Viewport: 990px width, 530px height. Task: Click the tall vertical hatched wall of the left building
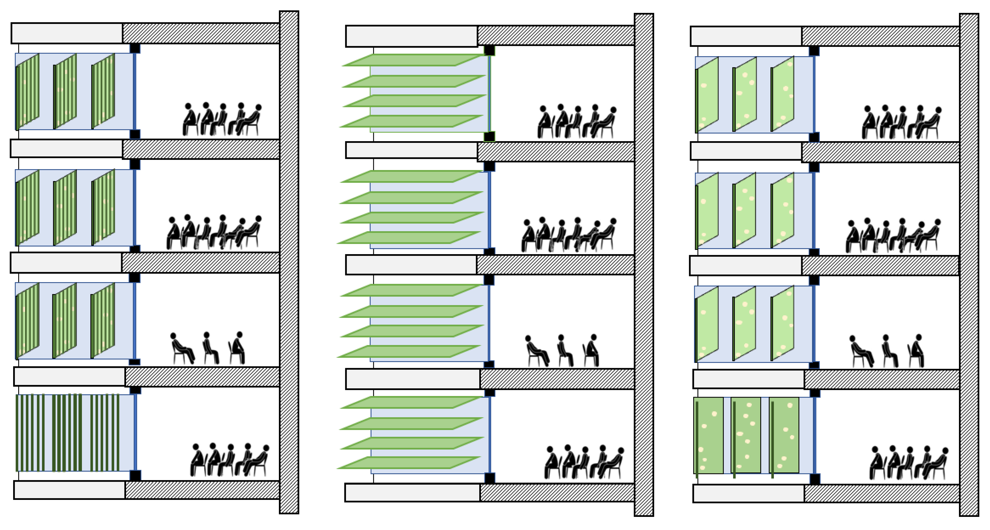tap(289, 261)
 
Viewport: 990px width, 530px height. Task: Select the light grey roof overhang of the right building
tap(745, 36)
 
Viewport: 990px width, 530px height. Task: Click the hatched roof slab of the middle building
tap(555, 36)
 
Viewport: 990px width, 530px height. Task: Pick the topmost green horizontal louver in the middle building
tap(413, 60)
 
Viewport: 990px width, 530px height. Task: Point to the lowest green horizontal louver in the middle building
tap(409, 463)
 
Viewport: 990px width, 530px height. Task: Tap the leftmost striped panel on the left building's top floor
tap(28, 91)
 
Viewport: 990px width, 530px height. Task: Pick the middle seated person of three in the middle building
tap(564, 351)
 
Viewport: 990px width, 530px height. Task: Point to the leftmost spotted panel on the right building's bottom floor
tap(708, 435)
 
